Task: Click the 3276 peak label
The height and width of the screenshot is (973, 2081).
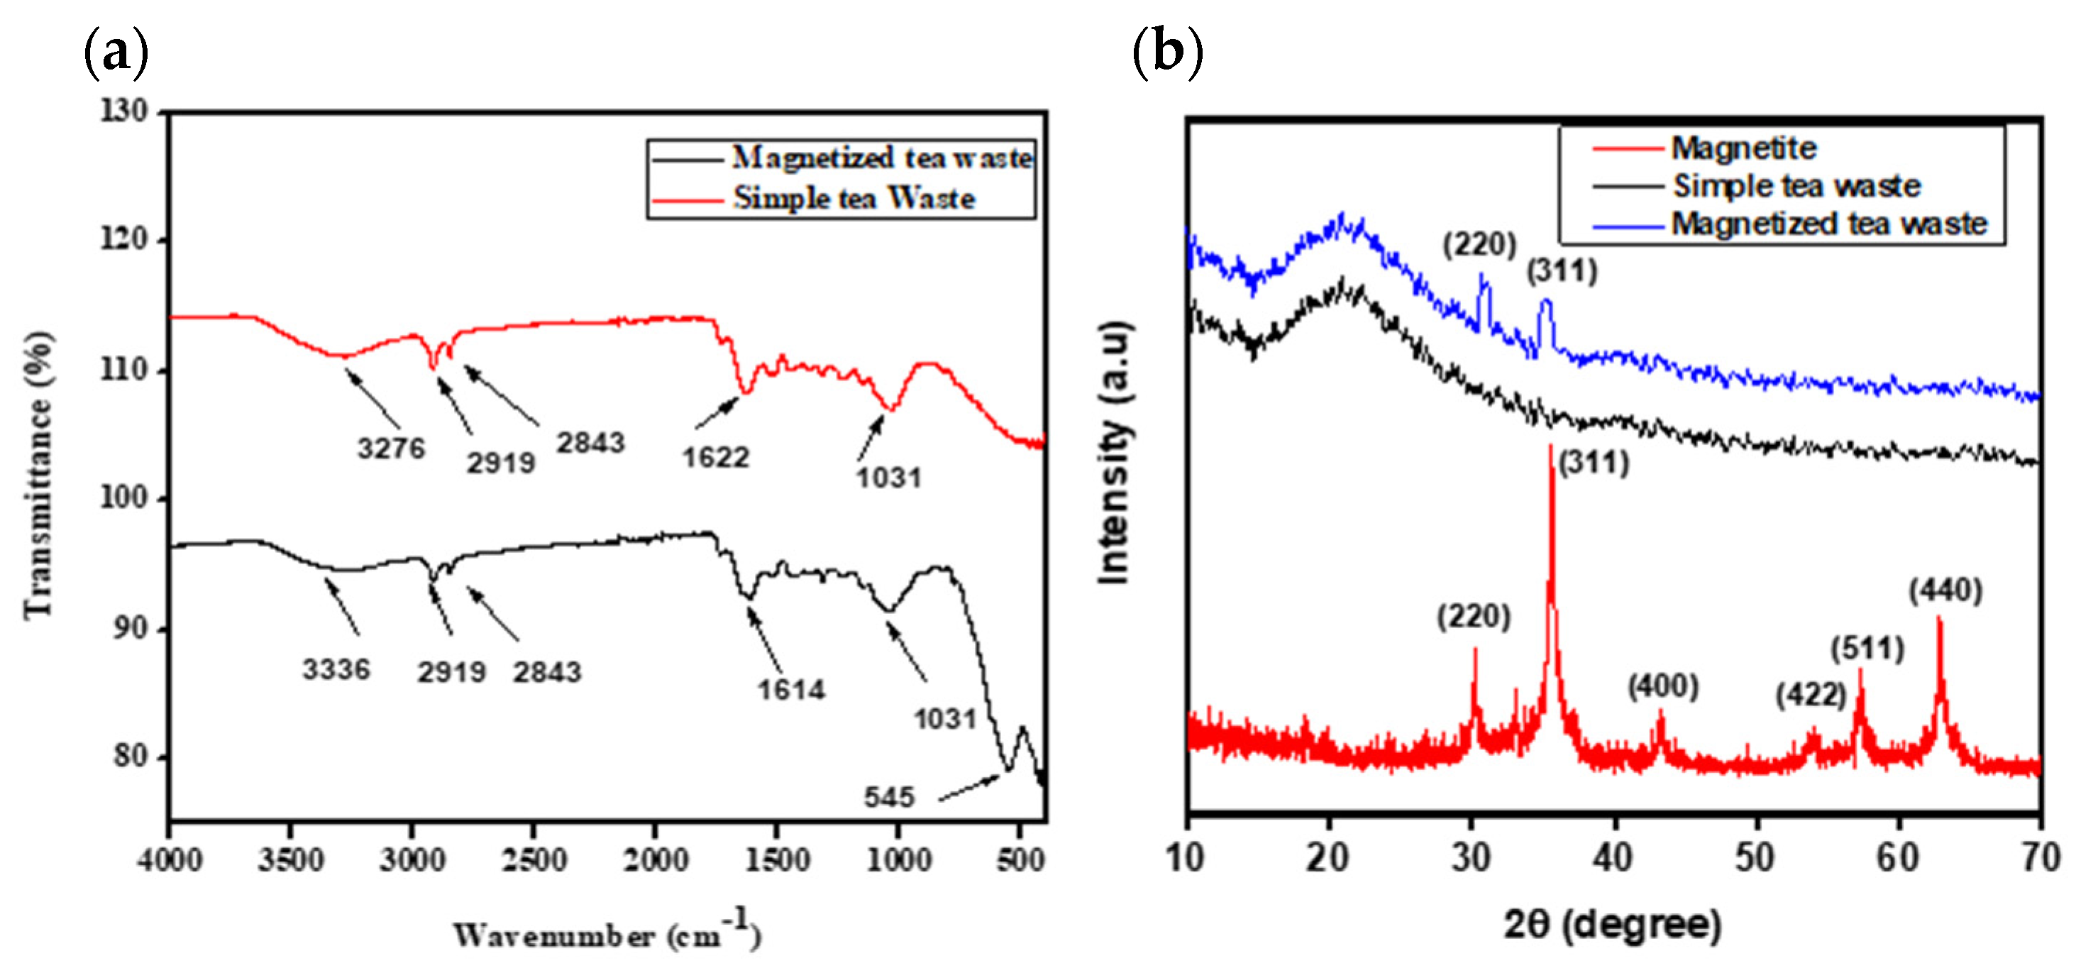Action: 391,448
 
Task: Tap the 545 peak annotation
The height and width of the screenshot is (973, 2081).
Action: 888,798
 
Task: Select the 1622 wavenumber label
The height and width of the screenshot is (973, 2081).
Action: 716,458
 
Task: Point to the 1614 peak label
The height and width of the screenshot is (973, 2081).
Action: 791,689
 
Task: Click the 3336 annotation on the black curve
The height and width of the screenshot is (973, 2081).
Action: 336,669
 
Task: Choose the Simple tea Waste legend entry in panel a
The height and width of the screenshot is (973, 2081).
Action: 853,198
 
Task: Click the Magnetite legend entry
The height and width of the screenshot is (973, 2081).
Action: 1743,148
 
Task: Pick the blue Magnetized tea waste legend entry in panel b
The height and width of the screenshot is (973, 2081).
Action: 1828,223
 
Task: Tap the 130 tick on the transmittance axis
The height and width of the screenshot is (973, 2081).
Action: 124,111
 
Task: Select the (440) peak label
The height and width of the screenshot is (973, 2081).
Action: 1945,590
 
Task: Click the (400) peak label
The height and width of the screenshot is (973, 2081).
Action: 1662,686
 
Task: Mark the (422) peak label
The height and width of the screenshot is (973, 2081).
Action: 1811,695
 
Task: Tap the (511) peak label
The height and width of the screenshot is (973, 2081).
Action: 1867,648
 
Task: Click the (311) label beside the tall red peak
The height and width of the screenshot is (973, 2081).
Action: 1594,463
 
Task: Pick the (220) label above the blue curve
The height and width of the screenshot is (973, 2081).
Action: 1480,244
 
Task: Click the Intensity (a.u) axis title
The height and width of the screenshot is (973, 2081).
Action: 1115,453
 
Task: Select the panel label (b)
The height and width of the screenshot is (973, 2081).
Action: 1167,52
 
